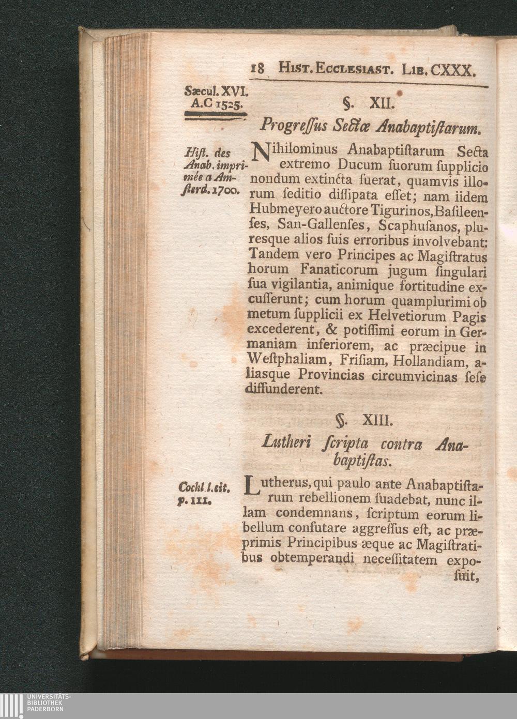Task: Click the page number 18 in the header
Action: (x=257, y=68)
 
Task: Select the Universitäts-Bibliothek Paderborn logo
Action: (x=36, y=706)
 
